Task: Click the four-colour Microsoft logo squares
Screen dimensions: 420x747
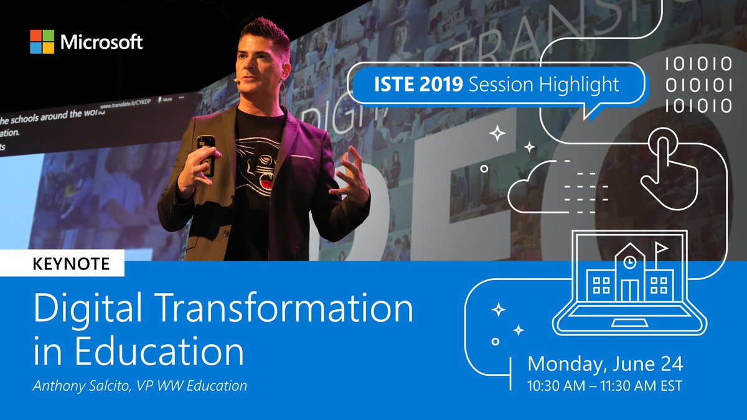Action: [x=42, y=42]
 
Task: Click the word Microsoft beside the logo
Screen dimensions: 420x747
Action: [x=101, y=42]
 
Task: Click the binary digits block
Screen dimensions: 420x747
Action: [x=698, y=83]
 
